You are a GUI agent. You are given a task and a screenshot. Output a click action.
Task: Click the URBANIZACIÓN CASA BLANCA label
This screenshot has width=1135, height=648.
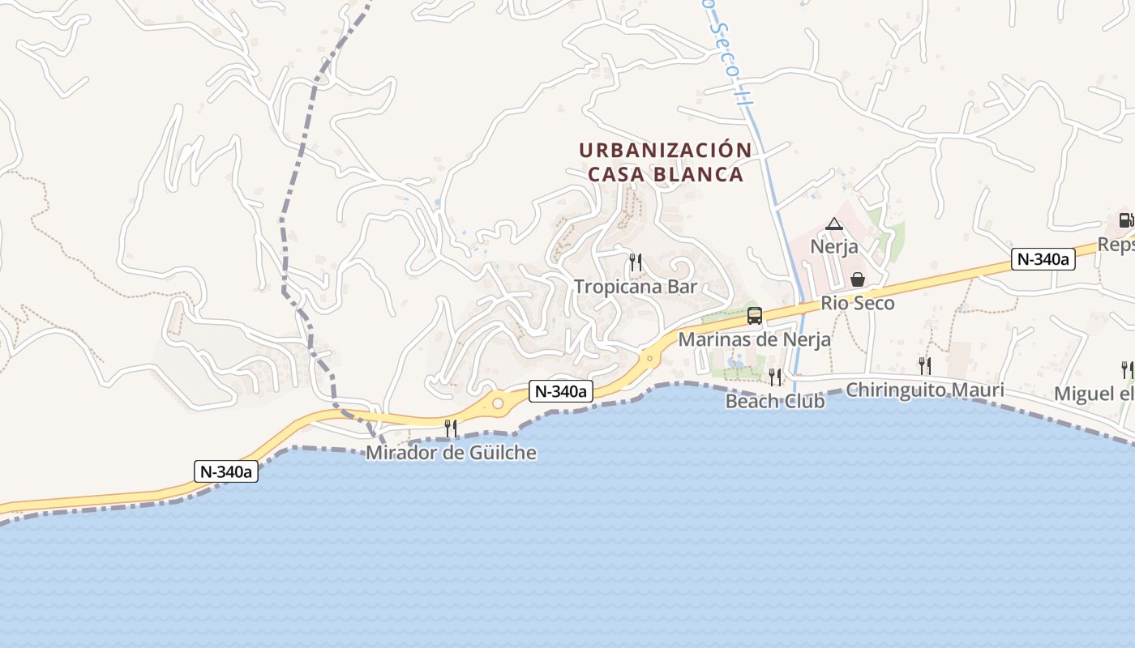coord(665,162)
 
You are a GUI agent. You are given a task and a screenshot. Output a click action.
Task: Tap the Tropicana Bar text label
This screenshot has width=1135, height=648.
coord(636,287)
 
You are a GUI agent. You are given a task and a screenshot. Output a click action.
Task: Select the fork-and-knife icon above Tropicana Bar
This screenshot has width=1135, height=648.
coord(636,262)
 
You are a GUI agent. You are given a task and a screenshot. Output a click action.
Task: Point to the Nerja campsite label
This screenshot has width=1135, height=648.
coord(834,246)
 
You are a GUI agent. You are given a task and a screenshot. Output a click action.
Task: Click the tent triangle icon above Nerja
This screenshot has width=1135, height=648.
coord(834,224)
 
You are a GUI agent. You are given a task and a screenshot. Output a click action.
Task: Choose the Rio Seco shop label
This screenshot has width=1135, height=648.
coord(858,303)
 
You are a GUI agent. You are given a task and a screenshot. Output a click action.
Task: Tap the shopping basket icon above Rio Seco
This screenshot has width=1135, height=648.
coord(858,279)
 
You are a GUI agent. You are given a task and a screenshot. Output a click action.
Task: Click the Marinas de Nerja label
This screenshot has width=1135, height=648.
coord(754,339)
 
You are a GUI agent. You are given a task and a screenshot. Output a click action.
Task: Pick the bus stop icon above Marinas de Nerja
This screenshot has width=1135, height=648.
coord(754,316)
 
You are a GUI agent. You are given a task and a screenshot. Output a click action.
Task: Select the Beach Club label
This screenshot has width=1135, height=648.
coord(775,401)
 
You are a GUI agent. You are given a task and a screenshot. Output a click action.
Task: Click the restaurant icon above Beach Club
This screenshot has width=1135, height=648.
coord(775,377)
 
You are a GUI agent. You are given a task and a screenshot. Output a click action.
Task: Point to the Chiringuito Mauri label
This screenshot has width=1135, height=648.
coord(924,390)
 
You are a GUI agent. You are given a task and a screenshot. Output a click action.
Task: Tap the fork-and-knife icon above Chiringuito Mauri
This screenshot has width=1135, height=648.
coord(924,365)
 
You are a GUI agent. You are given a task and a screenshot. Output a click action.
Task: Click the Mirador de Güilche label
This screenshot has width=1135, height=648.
coord(451,452)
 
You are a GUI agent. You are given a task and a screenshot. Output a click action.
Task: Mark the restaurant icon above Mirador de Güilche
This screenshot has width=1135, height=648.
coord(451,428)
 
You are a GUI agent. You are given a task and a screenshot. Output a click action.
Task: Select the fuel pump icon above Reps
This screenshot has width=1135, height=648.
coord(1126,220)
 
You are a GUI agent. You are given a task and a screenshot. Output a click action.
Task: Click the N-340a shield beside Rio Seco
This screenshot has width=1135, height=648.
coord(1043,259)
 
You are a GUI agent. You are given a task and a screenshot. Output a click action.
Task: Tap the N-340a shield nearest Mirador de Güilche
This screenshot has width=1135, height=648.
coord(561,391)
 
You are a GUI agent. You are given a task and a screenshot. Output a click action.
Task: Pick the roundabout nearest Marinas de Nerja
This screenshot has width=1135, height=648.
coord(649,357)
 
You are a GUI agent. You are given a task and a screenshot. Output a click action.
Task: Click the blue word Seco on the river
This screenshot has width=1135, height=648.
coord(726,49)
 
